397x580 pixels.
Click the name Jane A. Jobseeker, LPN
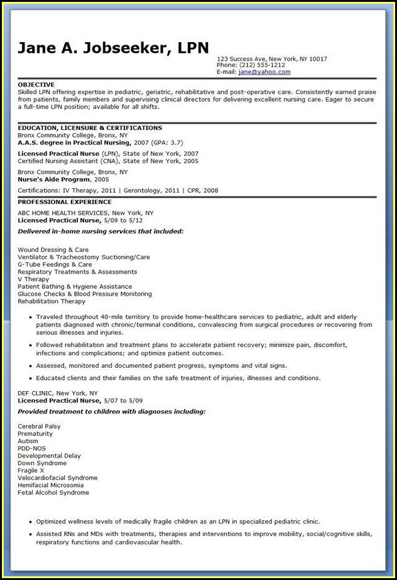(x=113, y=48)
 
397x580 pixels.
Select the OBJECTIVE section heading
(x=36, y=84)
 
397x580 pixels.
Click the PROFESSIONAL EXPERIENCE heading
(x=65, y=202)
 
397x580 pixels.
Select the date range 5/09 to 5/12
(x=122, y=220)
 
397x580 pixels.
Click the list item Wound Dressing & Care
(x=53, y=250)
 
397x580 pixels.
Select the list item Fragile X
(x=31, y=470)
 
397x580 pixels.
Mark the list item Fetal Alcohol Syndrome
(x=53, y=493)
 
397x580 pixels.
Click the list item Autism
(x=29, y=441)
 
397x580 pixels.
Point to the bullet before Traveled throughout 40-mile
(x=30, y=317)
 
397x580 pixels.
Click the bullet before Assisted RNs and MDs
(x=30, y=534)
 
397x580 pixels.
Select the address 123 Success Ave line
(x=271, y=59)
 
